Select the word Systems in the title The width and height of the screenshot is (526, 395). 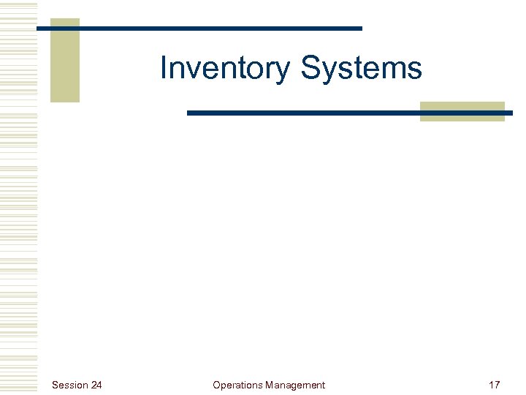(361, 69)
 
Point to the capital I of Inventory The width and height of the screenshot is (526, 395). (164, 68)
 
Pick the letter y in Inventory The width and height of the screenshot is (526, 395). (284, 72)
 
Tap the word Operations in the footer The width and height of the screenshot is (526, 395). (237, 385)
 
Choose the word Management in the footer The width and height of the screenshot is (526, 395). (295, 385)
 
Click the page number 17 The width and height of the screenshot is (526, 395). (494, 385)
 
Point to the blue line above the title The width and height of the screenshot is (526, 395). (219, 29)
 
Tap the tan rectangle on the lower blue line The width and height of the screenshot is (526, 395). (462, 111)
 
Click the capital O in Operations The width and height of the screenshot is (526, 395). (216, 385)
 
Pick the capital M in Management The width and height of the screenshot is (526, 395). (270, 385)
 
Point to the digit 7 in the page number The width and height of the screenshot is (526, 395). (497, 385)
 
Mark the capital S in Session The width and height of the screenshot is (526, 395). (55, 385)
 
